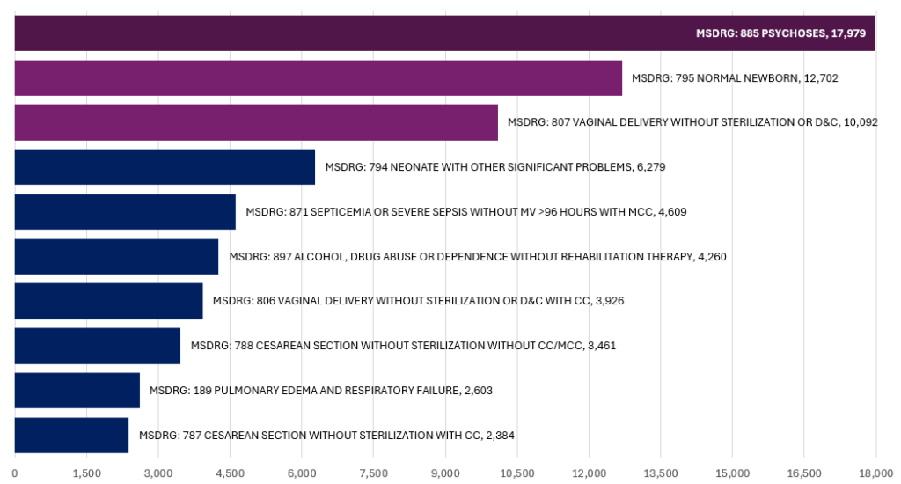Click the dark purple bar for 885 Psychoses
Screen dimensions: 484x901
(x=352, y=33)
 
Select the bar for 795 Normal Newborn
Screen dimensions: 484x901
(x=318, y=77)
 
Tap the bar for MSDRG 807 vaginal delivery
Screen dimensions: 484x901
(x=256, y=122)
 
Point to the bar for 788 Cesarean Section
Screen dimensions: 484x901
(x=97, y=346)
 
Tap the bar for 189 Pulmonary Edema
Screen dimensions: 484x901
(x=77, y=390)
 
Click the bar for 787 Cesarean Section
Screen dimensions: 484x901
(x=71, y=435)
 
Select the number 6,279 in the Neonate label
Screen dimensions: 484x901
(x=650, y=167)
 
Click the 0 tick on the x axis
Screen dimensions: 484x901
(x=15, y=473)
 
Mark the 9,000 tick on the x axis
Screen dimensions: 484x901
(x=445, y=473)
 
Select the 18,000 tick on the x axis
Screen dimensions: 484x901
(x=875, y=473)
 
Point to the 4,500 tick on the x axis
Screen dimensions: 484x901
(x=230, y=473)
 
